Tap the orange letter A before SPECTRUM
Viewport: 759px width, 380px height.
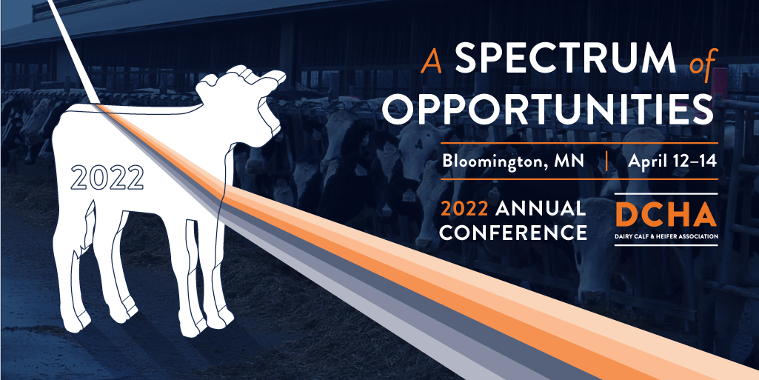(x=432, y=61)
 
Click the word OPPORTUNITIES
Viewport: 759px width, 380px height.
(x=548, y=108)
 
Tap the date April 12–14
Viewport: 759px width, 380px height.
(x=672, y=161)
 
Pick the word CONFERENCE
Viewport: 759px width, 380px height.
(x=514, y=232)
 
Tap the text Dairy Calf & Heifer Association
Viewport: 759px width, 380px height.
(x=666, y=236)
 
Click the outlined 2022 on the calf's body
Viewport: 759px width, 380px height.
(x=107, y=177)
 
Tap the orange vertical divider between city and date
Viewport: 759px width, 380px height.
(x=606, y=161)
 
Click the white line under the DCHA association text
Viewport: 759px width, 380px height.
(x=666, y=245)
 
